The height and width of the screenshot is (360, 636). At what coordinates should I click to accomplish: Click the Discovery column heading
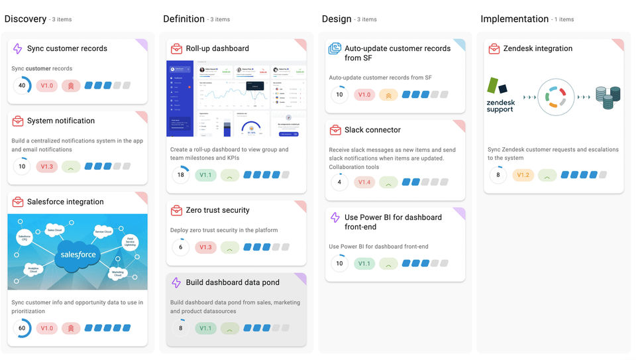pos(25,19)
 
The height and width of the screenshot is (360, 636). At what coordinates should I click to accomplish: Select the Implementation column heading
pos(514,19)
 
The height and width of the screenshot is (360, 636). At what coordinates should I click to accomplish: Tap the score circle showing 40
pos(22,86)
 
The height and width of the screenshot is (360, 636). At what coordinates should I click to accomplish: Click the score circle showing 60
pos(22,328)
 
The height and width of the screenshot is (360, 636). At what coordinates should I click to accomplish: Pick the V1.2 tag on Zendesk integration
pos(523,175)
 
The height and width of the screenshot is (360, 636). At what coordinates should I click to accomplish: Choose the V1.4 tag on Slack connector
pos(364,182)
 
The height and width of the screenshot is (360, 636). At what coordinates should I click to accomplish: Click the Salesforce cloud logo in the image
pos(78,254)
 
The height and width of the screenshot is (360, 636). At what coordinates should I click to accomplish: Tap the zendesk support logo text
pos(500,105)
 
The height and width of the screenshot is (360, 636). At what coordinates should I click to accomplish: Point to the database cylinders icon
pos(608,97)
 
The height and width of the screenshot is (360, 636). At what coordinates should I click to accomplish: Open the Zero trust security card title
pos(217,210)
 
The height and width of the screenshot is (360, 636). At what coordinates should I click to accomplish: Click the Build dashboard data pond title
pos(232,282)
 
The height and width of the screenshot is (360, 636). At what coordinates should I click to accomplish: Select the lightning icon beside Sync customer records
pos(18,48)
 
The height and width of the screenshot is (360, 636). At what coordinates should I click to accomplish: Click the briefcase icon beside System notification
pos(18,121)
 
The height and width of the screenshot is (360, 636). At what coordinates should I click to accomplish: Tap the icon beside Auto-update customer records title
pos(335,49)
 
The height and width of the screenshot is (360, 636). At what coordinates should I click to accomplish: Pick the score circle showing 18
pos(180,175)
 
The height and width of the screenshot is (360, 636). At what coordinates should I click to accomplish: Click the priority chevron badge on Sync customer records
pos(72,86)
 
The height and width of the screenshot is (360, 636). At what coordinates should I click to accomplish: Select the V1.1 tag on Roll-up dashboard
pos(205,175)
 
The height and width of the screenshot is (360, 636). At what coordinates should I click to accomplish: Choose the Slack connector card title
pos(372,130)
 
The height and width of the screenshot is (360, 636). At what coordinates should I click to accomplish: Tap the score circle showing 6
pos(180,247)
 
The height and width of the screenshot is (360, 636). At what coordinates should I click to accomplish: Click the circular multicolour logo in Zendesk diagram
pos(556,97)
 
